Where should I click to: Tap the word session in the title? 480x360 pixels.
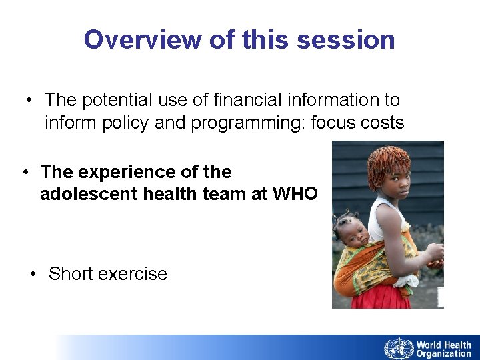tap(346, 40)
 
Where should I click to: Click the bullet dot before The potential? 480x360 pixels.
tap(30, 100)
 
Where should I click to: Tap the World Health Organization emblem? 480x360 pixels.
tap(399, 348)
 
